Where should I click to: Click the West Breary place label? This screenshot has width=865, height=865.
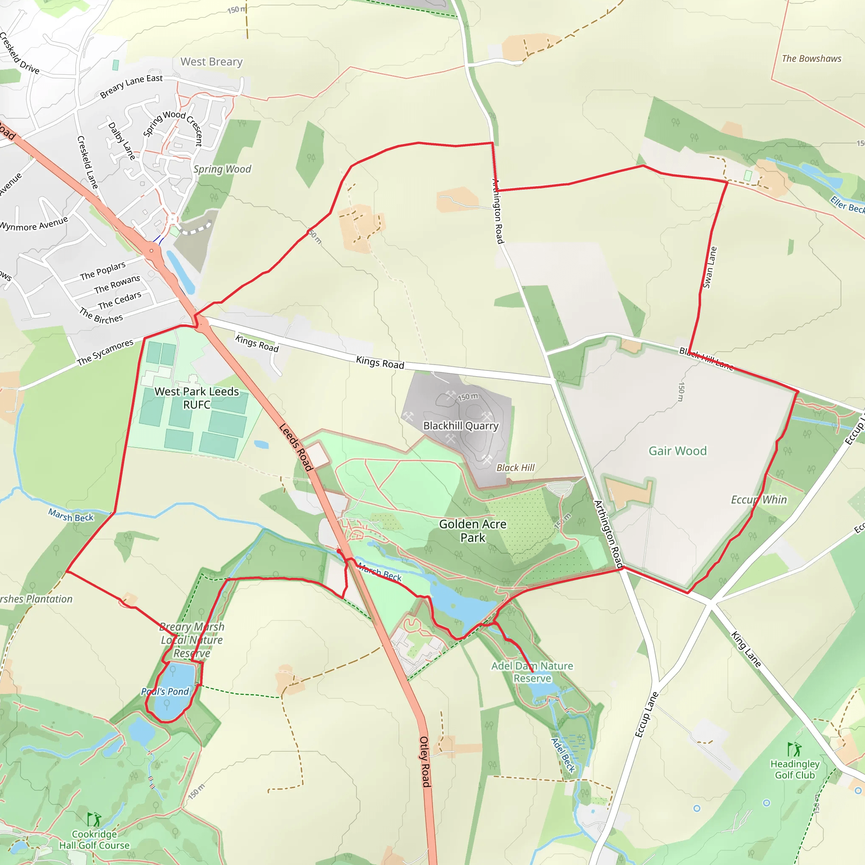pyautogui.click(x=211, y=62)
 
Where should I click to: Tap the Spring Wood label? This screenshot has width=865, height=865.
pyautogui.click(x=222, y=169)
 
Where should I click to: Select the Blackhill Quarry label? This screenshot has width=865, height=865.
pyautogui.click(x=461, y=426)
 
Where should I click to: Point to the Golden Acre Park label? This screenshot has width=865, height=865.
pyautogui.click(x=473, y=530)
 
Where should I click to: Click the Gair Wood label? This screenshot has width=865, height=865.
pyautogui.click(x=677, y=451)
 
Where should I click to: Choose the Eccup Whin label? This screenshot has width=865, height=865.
pyautogui.click(x=759, y=500)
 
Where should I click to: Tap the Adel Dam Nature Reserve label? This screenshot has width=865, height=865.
pyautogui.click(x=532, y=672)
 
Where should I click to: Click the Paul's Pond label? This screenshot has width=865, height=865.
pyautogui.click(x=165, y=692)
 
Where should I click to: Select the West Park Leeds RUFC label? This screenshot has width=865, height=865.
pyautogui.click(x=196, y=397)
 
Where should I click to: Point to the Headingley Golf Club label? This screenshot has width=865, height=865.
pyautogui.click(x=795, y=769)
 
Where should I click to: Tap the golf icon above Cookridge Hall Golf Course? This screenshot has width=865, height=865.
pyautogui.click(x=94, y=820)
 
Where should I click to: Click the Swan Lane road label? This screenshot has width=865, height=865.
pyautogui.click(x=710, y=267)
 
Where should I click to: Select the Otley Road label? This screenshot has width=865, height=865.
pyautogui.click(x=424, y=762)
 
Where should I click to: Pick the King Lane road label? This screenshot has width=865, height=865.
pyautogui.click(x=746, y=649)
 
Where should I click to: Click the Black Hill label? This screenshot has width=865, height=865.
pyautogui.click(x=515, y=468)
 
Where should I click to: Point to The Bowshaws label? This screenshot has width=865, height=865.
pyautogui.click(x=811, y=59)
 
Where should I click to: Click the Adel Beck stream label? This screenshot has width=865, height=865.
pyautogui.click(x=563, y=755)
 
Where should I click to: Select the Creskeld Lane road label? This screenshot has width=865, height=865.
pyautogui.click(x=87, y=162)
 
